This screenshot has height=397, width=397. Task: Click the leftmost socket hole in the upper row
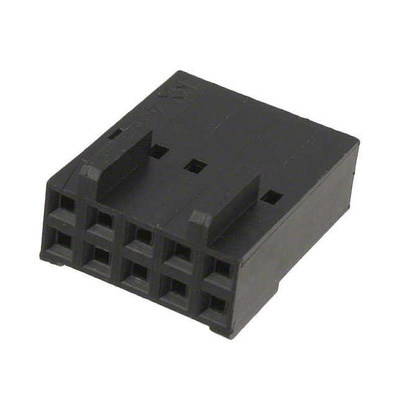(65, 203)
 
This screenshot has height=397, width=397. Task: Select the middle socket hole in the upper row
(142, 235)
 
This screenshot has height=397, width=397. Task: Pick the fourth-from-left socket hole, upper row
(181, 251)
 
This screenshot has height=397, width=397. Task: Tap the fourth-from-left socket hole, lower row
(178, 287)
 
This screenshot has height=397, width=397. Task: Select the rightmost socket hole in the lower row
(217, 303)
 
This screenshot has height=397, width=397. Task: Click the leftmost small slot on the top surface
(115, 132)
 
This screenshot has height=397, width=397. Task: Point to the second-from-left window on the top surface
(159, 151)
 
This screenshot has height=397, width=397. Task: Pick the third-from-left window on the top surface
(195, 166)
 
